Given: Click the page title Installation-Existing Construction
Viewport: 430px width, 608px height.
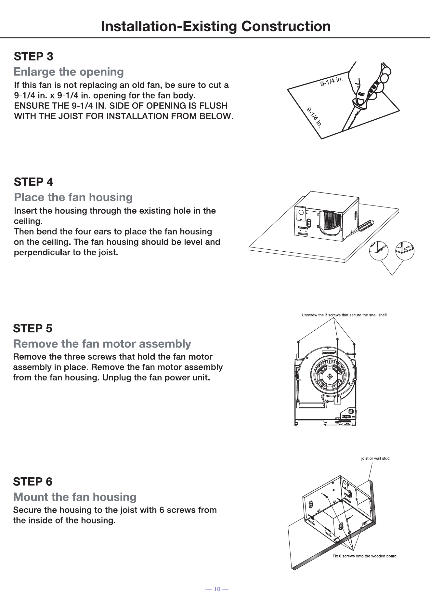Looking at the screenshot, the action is tap(216, 26).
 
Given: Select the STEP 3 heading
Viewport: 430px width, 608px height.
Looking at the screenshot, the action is tap(33, 57).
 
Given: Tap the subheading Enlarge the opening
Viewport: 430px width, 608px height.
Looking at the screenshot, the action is tap(69, 72).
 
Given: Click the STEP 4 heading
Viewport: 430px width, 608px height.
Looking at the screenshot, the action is tap(33, 182).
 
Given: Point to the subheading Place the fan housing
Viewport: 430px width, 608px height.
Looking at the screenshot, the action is tap(73, 197).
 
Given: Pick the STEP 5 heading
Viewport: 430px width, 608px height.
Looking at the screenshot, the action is tap(33, 328).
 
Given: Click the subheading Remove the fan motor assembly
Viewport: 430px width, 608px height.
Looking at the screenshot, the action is tap(102, 344).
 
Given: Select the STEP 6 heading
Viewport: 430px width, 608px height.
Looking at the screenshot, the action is tap(33, 482).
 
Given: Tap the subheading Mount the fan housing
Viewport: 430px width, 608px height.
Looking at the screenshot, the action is tap(75, 497).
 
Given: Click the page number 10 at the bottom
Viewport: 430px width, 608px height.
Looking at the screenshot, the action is tap(217, 589).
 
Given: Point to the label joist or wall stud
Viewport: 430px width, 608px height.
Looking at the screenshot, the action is tap(375, 458).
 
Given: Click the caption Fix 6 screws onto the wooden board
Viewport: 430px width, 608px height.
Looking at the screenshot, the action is tap(364, 556).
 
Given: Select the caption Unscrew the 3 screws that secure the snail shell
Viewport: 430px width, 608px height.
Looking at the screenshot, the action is tap(344, 315).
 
